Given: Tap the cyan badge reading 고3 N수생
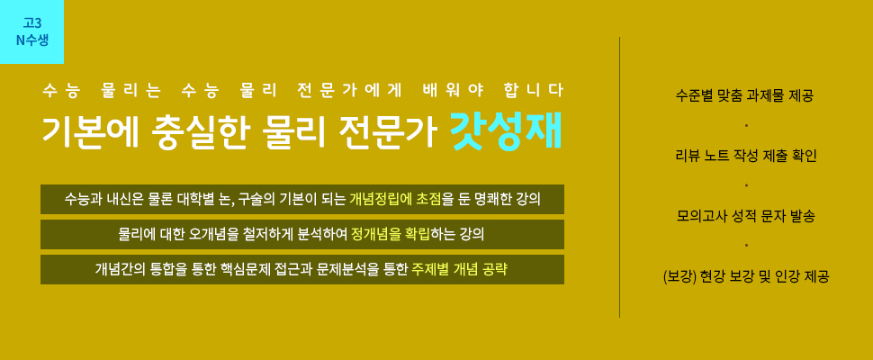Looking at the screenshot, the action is (31, 31).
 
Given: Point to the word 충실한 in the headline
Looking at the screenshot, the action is (199, 132).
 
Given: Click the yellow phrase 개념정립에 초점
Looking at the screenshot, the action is (395, 199).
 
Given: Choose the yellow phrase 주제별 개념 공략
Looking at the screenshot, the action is (459, 269).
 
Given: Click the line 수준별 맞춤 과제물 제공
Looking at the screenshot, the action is (745, 95).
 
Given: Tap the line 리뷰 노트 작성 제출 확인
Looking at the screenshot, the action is (746, 156).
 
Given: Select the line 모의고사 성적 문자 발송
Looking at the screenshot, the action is (746, 216).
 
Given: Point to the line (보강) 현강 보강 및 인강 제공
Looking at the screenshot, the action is (746, 276).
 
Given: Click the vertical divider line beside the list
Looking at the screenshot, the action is (620, 177).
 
